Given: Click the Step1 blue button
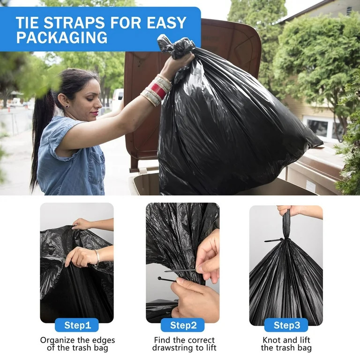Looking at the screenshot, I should tap(76, 325).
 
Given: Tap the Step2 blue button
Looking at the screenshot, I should tap(182, 325).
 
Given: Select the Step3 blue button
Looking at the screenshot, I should tap(285, 325).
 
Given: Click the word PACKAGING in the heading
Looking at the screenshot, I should tap(62, 38).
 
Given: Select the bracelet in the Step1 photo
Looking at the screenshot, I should tap(97, 257).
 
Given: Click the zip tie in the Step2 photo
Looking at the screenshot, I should tap(180, 271).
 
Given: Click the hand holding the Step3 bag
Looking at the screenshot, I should tap(287, 210).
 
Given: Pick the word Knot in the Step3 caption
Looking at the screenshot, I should tap(271, 340).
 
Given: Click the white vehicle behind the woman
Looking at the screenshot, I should tap(117, 98).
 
